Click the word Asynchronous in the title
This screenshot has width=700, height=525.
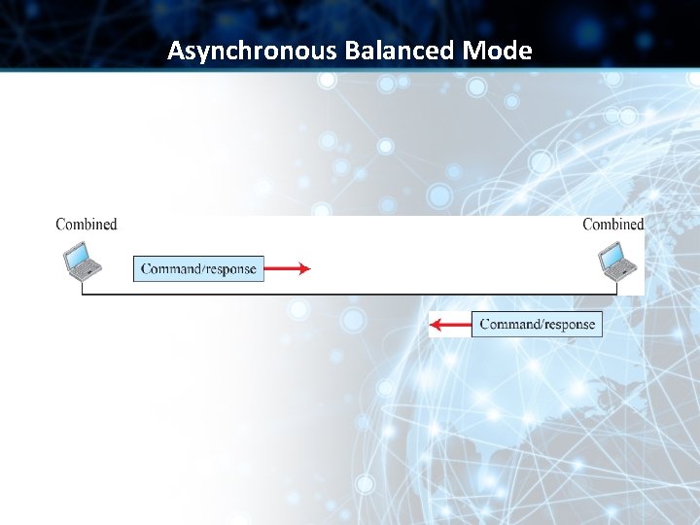(252, 51)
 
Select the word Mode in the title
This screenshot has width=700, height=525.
(498, 51)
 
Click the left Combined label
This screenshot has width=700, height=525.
(87, 225)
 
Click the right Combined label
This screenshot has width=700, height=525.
(613, 225)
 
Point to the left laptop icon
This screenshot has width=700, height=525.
(82, 261)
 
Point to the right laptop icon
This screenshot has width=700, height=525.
(616, 261)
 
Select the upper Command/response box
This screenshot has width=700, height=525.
(198, 268)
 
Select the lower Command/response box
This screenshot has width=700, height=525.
(537, 324)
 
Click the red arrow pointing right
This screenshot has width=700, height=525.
(287, 268)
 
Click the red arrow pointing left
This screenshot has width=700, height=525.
(450, 324)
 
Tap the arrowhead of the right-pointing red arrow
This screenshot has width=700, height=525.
(304, 268)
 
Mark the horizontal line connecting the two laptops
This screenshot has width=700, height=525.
(350, 295)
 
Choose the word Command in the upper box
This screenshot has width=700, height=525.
(172, 268)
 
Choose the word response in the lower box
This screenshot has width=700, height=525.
(568, 324)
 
